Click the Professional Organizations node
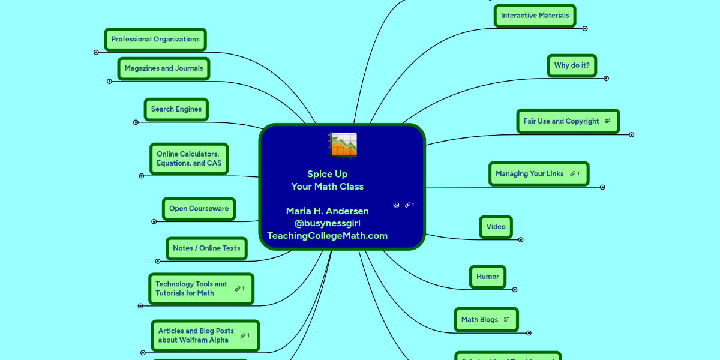155,40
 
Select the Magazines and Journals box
164,69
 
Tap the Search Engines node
176,109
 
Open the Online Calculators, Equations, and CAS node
189,159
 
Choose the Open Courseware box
199,209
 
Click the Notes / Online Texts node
206,248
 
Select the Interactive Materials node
535,16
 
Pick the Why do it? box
572,65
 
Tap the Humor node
488,277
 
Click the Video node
496,227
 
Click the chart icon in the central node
343,145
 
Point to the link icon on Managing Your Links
573,174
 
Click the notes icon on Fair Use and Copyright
607,121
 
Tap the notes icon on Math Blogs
506,320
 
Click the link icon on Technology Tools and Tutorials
238,289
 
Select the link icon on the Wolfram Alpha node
243,335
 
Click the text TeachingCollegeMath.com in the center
328,236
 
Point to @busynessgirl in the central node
328,223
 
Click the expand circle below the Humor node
515,289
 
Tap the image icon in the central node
396,205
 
